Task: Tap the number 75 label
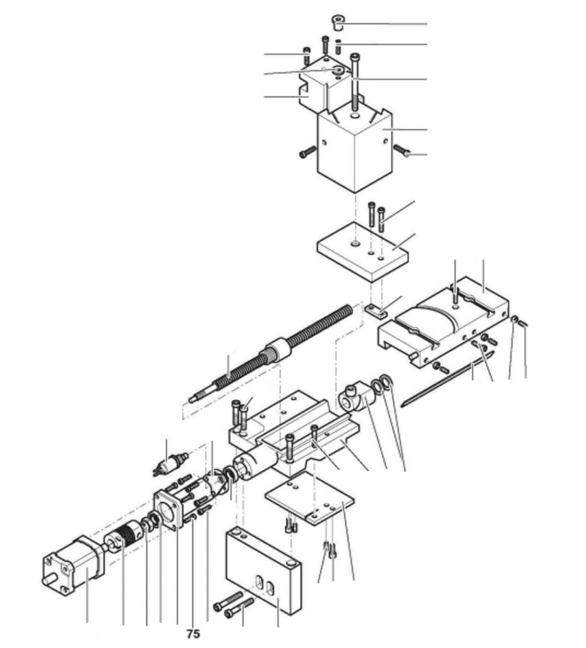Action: click(x=192, y=633)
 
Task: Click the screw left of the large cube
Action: click(x=307, y=154)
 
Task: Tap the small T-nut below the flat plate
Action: click(x=373, y=310)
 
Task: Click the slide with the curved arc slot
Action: click(x=447, y=324)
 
